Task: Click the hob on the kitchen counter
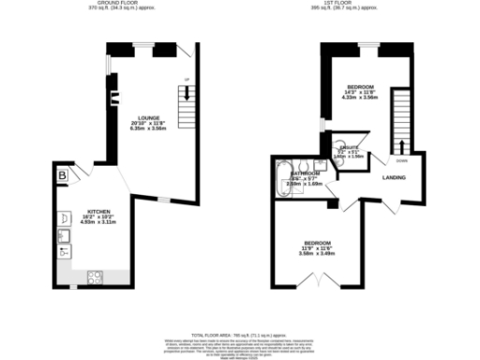click(x=95, y=277)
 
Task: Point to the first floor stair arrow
click(x=403, y=144)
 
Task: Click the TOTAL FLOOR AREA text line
click(x=240, y=335)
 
